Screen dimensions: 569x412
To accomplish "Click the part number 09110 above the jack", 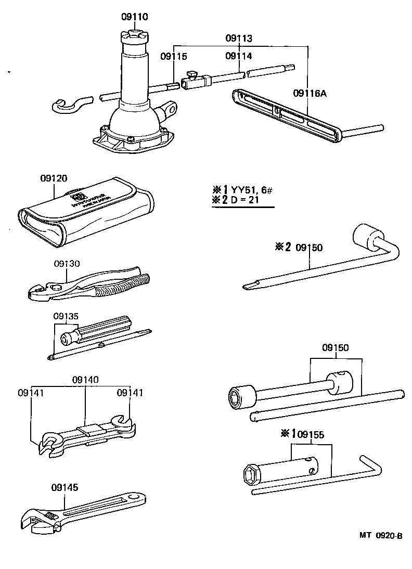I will (x=135, y=17).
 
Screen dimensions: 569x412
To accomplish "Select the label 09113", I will (x=239, y=38).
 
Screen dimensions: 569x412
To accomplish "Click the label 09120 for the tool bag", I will (x=54, y=178).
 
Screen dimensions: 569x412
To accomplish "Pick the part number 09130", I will (x=67, y=264).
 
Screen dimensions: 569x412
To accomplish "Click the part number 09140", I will (x=85, y=380).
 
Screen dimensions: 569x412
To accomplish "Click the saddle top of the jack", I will (x=134, y=37).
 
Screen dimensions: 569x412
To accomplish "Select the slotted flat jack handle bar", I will (x=286, y=112).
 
